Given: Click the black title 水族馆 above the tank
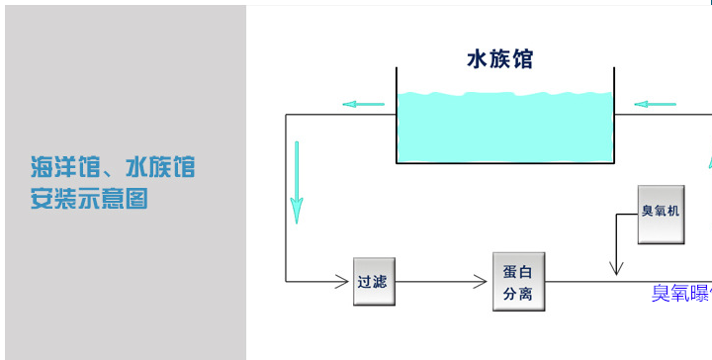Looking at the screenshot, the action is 499,59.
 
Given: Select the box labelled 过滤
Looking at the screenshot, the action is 374,282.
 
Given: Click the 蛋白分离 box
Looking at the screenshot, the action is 519,282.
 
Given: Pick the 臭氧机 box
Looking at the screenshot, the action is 661,215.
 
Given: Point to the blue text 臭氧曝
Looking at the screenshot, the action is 680,293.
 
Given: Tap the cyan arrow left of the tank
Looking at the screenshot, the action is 363,103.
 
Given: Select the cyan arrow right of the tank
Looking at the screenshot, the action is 655,103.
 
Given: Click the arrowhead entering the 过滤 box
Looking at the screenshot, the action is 347,282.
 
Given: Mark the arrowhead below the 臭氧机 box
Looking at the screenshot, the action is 617,267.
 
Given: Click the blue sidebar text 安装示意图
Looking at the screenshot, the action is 89,199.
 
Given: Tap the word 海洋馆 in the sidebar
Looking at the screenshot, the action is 56,166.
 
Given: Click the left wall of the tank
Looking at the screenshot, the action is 397,114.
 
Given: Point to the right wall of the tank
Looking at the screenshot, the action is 613,114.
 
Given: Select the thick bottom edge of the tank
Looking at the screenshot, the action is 504,161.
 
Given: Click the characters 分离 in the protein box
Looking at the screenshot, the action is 519,294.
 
